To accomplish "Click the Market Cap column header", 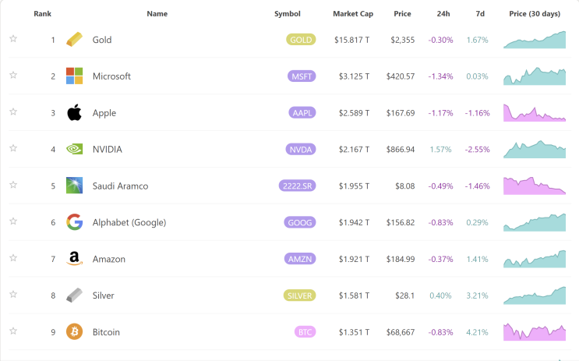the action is [x=353, y=14].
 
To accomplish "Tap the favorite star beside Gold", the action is [x=13, y=39].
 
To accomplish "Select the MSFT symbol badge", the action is [x=302, y=76].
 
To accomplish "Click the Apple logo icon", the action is [x=74, y=112].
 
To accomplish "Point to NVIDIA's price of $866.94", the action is [x=401, y=149].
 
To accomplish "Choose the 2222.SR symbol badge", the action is [x=297, y=186].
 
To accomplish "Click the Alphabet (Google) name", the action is [x=129, y=222].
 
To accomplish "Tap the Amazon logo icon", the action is [x=74, y=258].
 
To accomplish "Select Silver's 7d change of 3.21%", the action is [x=477, y=296].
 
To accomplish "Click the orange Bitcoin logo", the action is [x=74, y=331].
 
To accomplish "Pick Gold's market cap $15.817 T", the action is [x=352, y=40].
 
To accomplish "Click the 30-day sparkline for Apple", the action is [x=535, y=113].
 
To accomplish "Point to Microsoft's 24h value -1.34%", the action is [x=440, y=76].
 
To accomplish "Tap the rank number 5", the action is [x=53, y=186].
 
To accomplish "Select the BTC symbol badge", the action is [x=305, y=332].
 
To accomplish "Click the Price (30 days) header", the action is [x=535, y=14].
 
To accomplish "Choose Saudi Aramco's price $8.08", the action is [x=404, y=186].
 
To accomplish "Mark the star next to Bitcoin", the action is [x=13, y=331].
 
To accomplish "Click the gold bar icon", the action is [x=74, y=40].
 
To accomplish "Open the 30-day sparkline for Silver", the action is [x=535, y=296].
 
